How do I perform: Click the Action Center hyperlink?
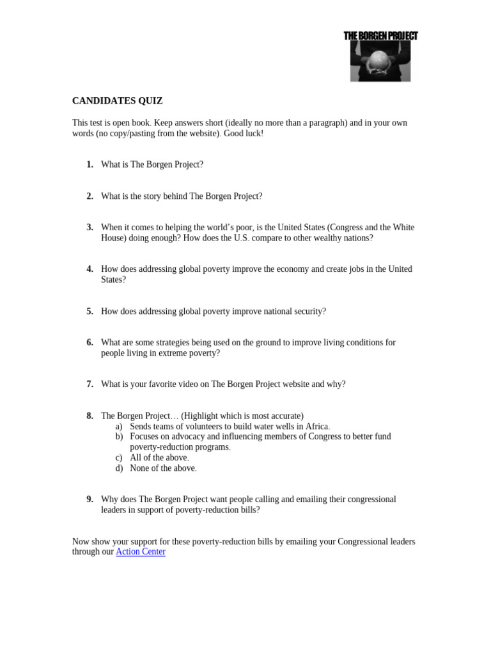(140, 551)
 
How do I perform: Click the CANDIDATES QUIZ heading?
(117, 101)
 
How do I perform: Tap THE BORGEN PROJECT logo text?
(380, 36)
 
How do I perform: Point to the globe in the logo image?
(380, 58)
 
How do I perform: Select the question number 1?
(90, 164)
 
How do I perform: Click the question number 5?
(90, 311)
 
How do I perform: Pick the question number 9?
(90, 499)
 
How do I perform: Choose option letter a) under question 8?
(119, 426)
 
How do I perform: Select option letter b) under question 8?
(119, 436)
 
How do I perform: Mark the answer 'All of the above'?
(159, 457)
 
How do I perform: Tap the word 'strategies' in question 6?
(171, 342)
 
